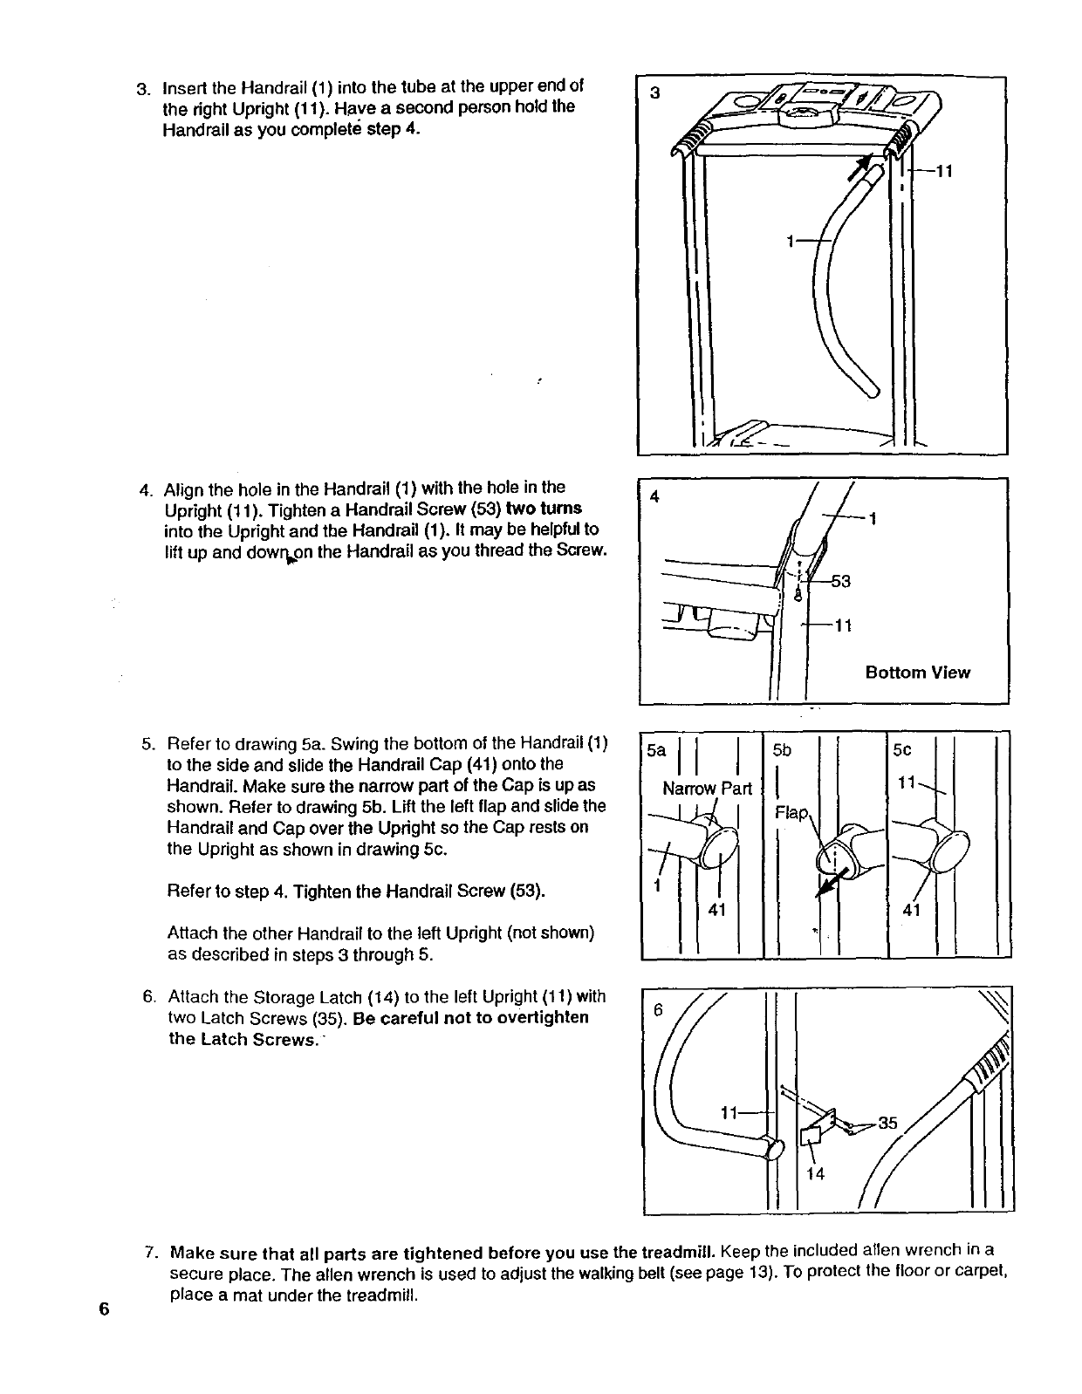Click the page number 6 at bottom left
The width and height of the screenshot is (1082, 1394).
coord(104,1309)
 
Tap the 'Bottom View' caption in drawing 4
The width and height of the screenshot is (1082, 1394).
coord(917,672)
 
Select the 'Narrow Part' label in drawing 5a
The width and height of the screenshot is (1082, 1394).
coord(707,789)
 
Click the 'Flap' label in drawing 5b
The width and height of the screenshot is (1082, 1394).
coord(792,813)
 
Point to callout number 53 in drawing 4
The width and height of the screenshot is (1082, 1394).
coord(840,582)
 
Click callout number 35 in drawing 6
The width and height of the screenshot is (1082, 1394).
coord(887,1123)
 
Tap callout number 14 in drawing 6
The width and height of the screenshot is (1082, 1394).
coord(815,1173)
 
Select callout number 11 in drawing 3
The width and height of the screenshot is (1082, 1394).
coord(942,172)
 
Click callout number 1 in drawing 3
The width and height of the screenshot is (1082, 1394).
coord(790,242)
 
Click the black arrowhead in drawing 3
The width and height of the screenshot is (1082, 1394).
coord(864,167)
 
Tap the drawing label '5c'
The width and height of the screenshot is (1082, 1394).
coord(901,749)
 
